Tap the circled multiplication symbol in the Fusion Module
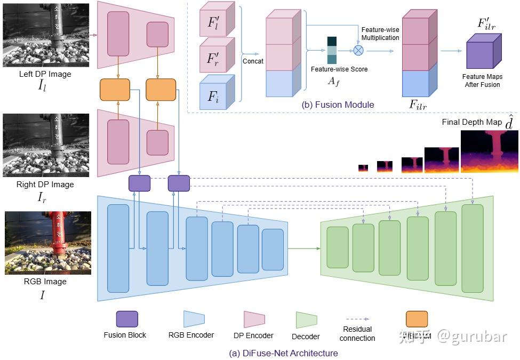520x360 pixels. coord(359,50)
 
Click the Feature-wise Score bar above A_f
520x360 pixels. coord(332,50)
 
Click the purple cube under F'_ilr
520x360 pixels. coord(484,51)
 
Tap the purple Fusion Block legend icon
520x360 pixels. coord(127,319)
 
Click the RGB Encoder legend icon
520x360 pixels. coord(194,319)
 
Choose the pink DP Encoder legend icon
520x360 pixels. coord(254,319)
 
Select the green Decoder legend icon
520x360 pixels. coord(307,319)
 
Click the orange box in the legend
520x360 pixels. coord(417,319)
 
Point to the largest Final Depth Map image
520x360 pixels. coord(490,151)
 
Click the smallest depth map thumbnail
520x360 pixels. coord(363,168)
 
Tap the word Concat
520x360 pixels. coord(253,61)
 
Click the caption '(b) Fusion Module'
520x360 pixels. coord(338,105)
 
